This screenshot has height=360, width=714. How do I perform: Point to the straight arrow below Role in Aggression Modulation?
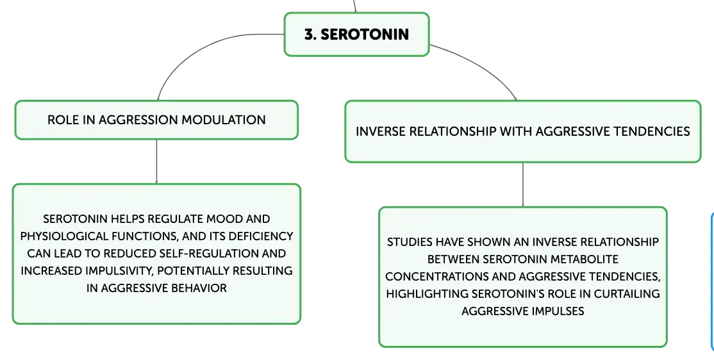pos(156,161)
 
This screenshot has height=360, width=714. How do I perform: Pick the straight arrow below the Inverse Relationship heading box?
pos(523,184)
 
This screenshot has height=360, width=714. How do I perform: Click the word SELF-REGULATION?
pos(197,254)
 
